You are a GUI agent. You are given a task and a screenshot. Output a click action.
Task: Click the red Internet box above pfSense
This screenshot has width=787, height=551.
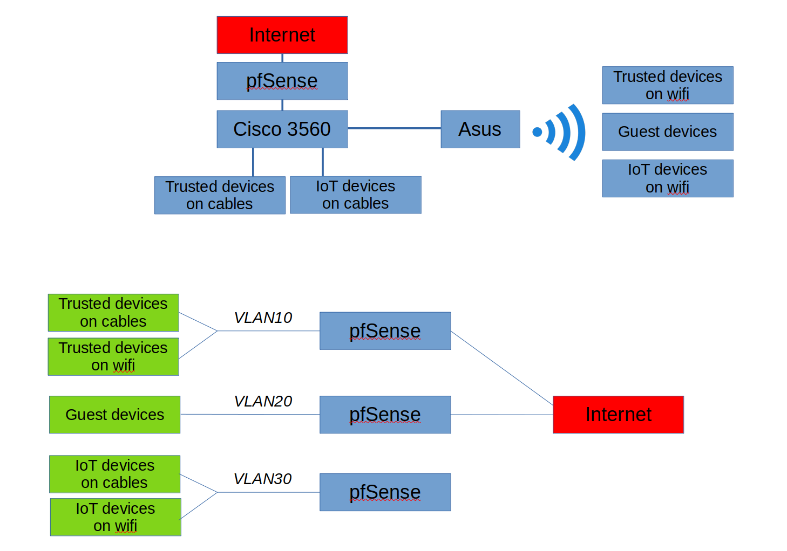282,35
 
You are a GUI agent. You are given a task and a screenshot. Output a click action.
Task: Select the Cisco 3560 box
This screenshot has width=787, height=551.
282,129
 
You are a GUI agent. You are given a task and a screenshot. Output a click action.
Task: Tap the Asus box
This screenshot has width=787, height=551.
480,129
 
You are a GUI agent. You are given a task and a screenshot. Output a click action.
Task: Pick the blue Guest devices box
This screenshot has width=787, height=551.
667,132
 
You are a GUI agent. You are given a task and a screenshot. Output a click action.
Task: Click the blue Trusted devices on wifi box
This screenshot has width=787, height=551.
667,85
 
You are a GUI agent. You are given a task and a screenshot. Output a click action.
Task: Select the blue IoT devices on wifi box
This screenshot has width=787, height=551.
667,178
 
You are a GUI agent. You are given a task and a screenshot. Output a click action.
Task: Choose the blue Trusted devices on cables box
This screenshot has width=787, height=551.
220,195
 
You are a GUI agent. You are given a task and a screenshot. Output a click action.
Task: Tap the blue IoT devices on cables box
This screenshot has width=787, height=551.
355,195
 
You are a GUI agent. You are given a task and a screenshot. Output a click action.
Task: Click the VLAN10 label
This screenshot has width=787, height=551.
263,318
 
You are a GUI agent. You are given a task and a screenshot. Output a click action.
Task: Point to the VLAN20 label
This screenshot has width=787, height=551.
263,401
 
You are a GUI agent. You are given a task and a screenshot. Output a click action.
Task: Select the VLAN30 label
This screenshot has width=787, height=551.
262,479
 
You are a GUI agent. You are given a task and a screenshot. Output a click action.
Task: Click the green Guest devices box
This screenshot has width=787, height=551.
114,415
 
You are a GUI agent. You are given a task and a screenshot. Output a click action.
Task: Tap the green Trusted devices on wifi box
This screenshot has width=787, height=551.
113,356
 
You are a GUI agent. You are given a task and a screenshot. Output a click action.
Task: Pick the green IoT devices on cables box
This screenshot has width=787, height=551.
114,474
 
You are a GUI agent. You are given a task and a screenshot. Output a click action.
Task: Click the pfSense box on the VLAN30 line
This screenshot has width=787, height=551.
385,492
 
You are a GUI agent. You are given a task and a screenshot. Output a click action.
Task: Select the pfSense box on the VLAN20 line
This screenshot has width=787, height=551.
385,415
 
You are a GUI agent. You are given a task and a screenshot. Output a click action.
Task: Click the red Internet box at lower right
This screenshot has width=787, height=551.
618,415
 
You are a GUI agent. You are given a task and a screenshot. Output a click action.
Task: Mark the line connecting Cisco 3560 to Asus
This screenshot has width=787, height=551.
394,128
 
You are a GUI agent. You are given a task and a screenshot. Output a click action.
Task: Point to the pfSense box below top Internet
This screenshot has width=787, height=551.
282,81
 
